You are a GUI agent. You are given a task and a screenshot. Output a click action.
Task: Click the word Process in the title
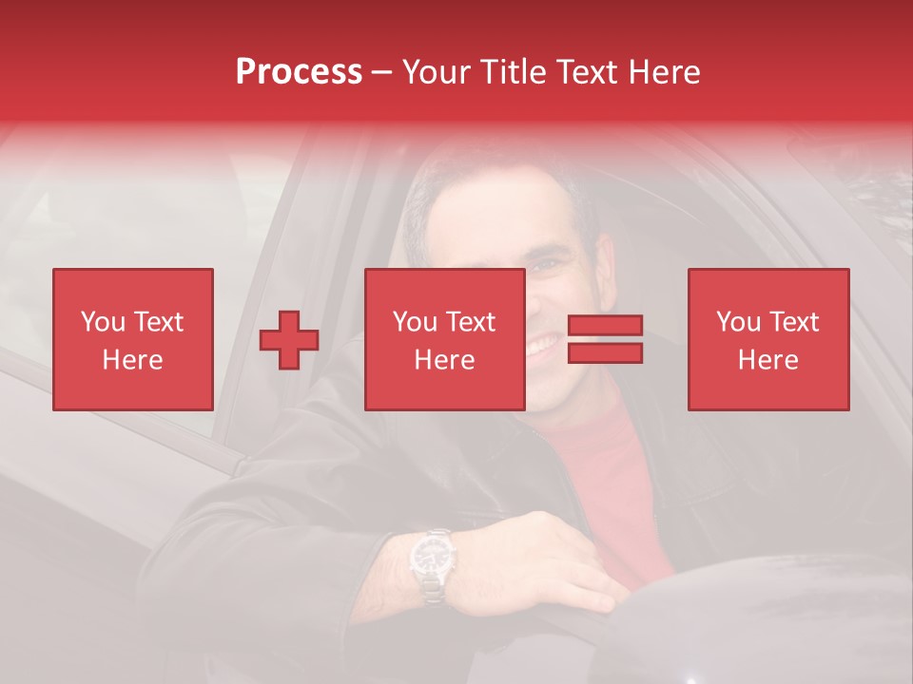click(x=299, y=72)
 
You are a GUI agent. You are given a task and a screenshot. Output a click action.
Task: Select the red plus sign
click(x=289, y=340)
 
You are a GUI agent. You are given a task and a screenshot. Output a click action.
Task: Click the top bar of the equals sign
click(x=605, y=326)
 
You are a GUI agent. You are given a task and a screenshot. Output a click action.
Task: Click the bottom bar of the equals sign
click(x=605, y=353)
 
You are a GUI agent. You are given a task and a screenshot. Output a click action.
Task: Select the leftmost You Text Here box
click(x=132, y=339)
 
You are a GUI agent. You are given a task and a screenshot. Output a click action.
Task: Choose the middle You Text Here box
click(x=444, y=339)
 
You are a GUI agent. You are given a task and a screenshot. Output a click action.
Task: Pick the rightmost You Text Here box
click(x=767, y=339)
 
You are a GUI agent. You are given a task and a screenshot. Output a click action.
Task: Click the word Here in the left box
click(x=132, y=360)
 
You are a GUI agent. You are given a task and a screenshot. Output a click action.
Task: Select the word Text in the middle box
click(x=471, y=322)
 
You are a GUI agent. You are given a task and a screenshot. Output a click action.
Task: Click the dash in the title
click(x=382, y=72)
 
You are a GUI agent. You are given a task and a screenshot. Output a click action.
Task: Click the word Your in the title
click(x=438, y=72)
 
